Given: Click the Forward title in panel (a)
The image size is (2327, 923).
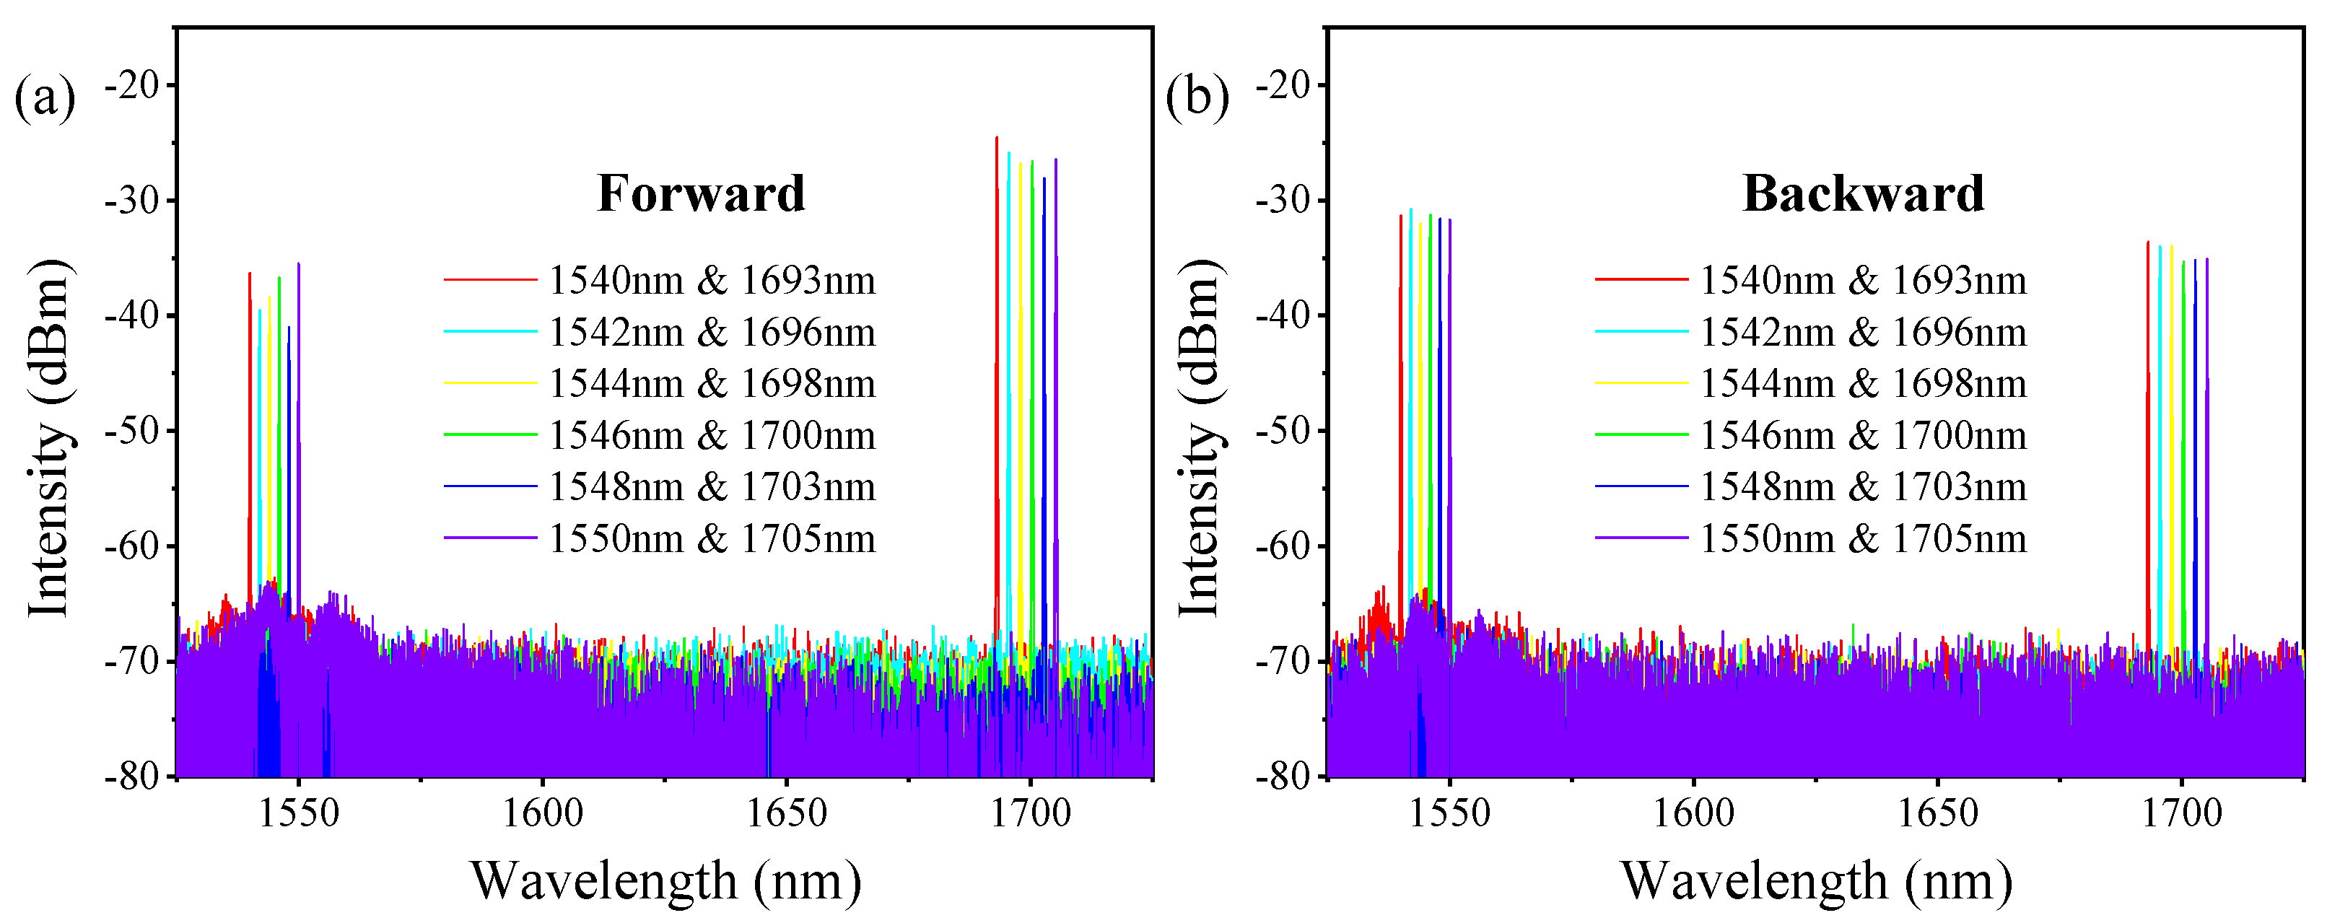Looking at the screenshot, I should (701, 194).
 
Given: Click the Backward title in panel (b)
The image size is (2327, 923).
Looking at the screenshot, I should (1863, 194).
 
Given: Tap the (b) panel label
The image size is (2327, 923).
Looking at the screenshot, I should (1197, 97).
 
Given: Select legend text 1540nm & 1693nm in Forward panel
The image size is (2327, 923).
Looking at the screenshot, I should (712, 281).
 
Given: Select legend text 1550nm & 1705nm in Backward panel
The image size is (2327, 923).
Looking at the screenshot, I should (1863, 539).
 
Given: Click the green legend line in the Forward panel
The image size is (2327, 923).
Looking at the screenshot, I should (491, 435).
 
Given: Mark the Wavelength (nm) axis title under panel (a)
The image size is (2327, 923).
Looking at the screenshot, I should (665, 880).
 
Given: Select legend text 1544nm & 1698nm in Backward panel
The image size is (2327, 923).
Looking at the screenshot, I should (1863, 384).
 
